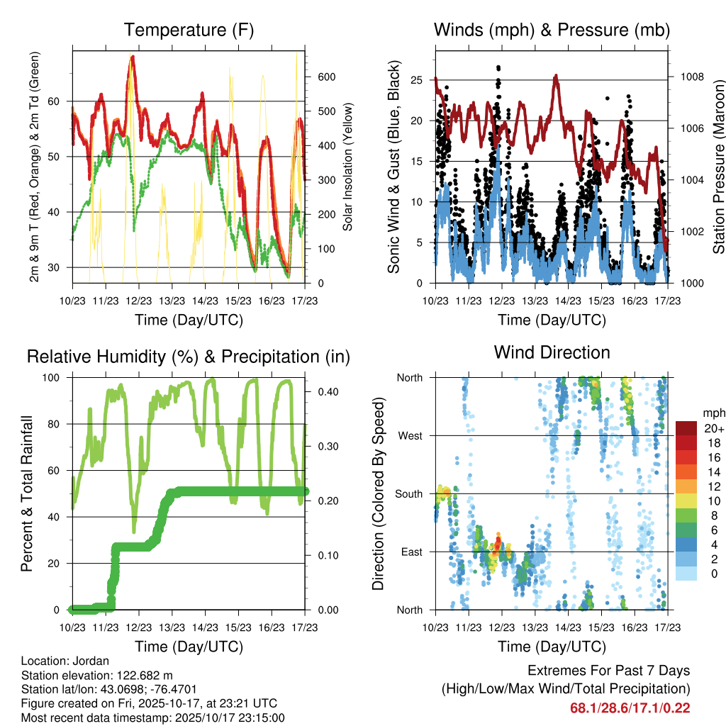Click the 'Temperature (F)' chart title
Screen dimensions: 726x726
click(x=189, y=30)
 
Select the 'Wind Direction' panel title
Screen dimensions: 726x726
click(x=552, y=352)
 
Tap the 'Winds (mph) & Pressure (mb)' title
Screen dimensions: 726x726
click(x=552, y=30)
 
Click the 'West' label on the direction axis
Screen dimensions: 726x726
click(x=411, y=435)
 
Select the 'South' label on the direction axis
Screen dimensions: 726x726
click(x=409, y=493)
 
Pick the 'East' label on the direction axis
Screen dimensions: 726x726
click(x=412, y=552)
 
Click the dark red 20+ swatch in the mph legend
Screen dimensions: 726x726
click(x=686, y=428)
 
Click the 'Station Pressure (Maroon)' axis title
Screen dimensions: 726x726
click(x=717, y=166)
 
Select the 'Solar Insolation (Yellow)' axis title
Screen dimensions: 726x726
click(x=348, y=166)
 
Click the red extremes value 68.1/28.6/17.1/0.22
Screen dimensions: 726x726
click(x=630, y=708)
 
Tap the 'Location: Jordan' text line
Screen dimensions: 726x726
click(x=65, y=661)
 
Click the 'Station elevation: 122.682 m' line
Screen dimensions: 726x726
click(x=97, y=676)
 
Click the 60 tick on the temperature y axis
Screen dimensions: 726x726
click(x=62, y=101)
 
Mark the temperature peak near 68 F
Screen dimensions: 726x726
click(x=132, y=58)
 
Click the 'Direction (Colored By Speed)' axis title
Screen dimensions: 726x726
click(x=378, y=493)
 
